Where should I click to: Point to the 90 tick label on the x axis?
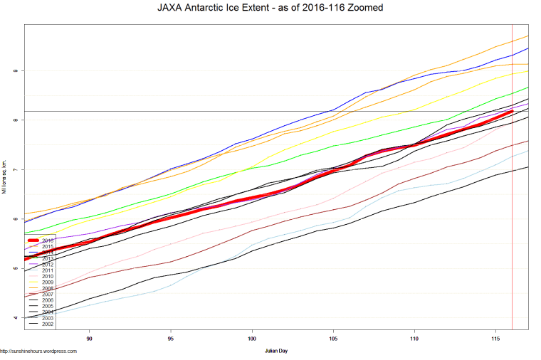90,339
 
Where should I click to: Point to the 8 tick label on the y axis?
15,120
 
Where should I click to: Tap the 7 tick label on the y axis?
15,169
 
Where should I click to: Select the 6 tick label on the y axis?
15,219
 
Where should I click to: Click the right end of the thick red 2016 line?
512,111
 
